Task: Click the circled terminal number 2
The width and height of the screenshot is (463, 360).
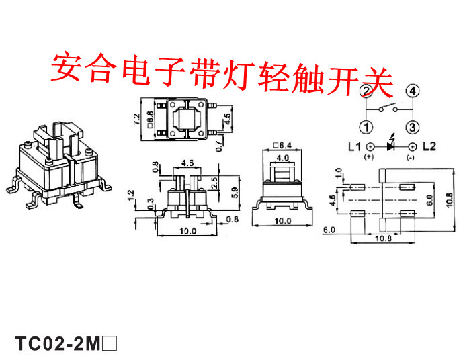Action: (x=366, y=91)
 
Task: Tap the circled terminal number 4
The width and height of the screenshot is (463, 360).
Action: (x=413, y=91)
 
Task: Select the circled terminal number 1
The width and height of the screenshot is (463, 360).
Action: (x=366, y=127)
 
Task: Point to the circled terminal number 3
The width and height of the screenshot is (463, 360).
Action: (x=413, y=127)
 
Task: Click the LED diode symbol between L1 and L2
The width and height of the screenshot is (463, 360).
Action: (x=390, y=145)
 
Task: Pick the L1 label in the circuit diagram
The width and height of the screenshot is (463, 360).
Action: (x=354, y=146)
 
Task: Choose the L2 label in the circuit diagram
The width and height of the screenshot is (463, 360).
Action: (x=429, y=146)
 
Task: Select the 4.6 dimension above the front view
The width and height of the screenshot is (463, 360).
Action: (x=187, y=163)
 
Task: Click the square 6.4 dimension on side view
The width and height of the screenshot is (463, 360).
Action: (x=282, y=144)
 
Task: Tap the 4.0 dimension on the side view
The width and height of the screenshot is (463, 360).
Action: (x=282, y=158)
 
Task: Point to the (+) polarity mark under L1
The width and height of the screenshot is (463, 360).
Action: (x=368, y=157)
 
